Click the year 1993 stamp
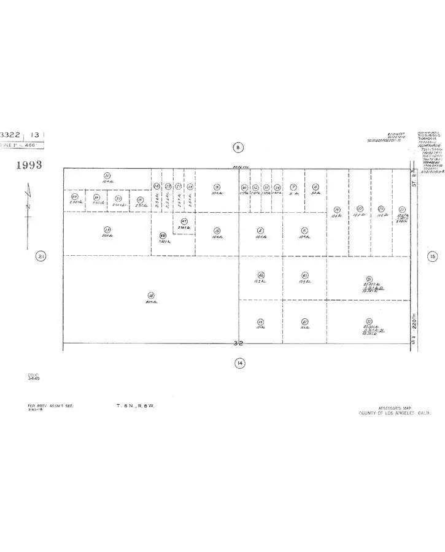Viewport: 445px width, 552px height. pos(29,165)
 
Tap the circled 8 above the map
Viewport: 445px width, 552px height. pos(239,147)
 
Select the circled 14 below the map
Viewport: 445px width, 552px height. pos(239,364)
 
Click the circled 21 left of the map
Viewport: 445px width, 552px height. pos(41,256)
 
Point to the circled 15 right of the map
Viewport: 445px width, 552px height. pos(433,256)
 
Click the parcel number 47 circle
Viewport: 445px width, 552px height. pos(184,221)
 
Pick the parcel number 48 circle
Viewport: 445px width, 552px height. pos(163,235)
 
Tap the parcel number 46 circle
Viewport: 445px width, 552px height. pos(261,275)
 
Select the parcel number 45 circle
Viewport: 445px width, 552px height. pos(304,275)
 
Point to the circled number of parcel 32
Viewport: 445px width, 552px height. pos(369,321)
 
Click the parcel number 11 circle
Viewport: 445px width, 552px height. pos(107,175)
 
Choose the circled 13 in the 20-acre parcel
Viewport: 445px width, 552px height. pos(107,229)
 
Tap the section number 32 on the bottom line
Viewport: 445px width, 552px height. pos(239,345)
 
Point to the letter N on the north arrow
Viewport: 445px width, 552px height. pos(28,206)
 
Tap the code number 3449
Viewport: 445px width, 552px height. pos(33,379)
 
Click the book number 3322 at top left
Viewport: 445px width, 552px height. pos(11,134)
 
